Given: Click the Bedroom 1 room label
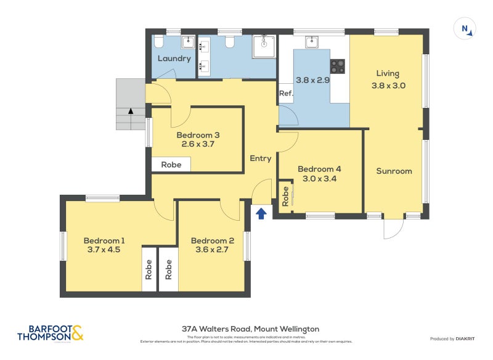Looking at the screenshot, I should click(104, 240).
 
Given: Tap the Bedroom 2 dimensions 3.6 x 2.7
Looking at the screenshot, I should click(212, 250).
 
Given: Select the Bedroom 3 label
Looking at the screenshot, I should click(198, 135).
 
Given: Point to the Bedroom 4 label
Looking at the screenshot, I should click(319, 169).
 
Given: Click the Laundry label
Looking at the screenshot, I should click(174, 59).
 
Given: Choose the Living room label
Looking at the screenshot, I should click(388, 74).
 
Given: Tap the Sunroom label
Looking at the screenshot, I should click(394, 171).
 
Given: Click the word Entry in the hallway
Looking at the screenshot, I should click(261, 158).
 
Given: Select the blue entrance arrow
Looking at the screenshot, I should click(261, 213).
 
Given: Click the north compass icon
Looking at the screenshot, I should click(465, 29).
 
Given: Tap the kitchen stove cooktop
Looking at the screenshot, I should click(338, 65).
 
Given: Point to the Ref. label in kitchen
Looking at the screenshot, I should click(285, 94).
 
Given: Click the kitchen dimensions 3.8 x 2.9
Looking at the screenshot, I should click(313, 80).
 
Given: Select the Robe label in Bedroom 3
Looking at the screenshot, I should click(171, 165).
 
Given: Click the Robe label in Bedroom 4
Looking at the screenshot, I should click(285, 196).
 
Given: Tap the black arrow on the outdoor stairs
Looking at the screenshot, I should click(130, 112).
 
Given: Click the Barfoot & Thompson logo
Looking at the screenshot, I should click(50, 333).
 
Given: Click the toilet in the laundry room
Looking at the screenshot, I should click(159, 42).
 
